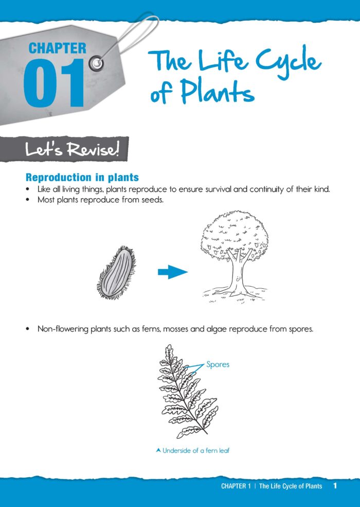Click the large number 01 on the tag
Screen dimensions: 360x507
(x=53, y=83)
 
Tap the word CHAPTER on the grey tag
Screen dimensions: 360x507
(x=58, y=48)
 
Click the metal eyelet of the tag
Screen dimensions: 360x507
(x=96, y=63)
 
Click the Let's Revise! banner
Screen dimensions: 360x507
(x=64, y=149)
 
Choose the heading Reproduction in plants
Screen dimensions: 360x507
(x=82, y=177)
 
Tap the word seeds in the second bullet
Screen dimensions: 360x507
(x=153, y=200)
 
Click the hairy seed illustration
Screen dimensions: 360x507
(x=117, y=273)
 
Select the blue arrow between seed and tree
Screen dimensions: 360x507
(x=173, y=272)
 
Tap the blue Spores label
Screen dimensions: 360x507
(x=218, y=364)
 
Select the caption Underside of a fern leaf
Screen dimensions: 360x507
(x=196, y=450)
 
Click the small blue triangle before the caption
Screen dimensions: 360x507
(x=158, y=450)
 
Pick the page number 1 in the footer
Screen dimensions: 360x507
(x=335, y=486)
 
